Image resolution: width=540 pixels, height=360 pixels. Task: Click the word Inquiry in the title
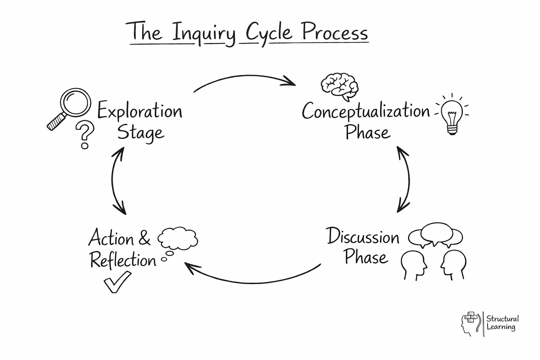pyautogui.click(x=204, y=33)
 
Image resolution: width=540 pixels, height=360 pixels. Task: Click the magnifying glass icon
pyautogui.click(x=70, y=107)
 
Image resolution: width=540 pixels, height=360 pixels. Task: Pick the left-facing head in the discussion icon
pyautogui.click(x=454, y=264)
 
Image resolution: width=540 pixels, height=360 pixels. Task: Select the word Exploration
pyautogui.click(x=140, y=112)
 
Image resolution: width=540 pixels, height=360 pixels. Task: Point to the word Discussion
pyautogui.click(x=363, y=237)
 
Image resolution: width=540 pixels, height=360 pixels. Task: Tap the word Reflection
pyautogui.click(x=123, y=261)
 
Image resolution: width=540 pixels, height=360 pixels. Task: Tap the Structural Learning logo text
pyautogui.click(x=502, y=323)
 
